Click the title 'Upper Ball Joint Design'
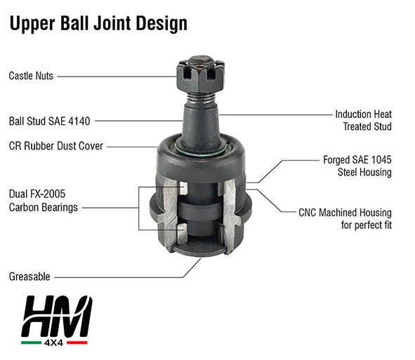pyautogui.click(x=98, y=24)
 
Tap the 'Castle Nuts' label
pyautogui.click(x=31, y=76)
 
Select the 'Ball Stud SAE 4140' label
pyautogui.click(x=49, y=121)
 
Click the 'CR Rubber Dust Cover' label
pyautogui.click(x=56, y=146)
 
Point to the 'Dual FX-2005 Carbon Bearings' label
pyautogui.click(x=44, y=201)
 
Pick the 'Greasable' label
pyautogui.click(x=29, y=276)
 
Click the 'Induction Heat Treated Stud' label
pyautogui.click(x=364, y=121)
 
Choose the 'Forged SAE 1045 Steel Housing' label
pyautogui.click(x=357, y=166)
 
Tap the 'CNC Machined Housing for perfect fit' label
pyautogui.click(x=345, y=219)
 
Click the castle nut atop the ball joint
pyautogui.click(x=200, y=75)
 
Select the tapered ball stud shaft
pyautogui.click(x=201, y=124)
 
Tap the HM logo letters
pyautogui.click(x=57, y=316)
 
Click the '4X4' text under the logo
pyautogui.click(x=54, y=342)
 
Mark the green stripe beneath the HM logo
pyautogui.click(x=31, y=342)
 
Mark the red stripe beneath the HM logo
pyautogui.click(x=77, y=342)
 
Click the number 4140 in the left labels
pyautogui.click(x=79, y=121)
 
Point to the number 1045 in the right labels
pyautogui.click(x=381, y=160)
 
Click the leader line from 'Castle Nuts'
pyautogui.click(x=117, y=76)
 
